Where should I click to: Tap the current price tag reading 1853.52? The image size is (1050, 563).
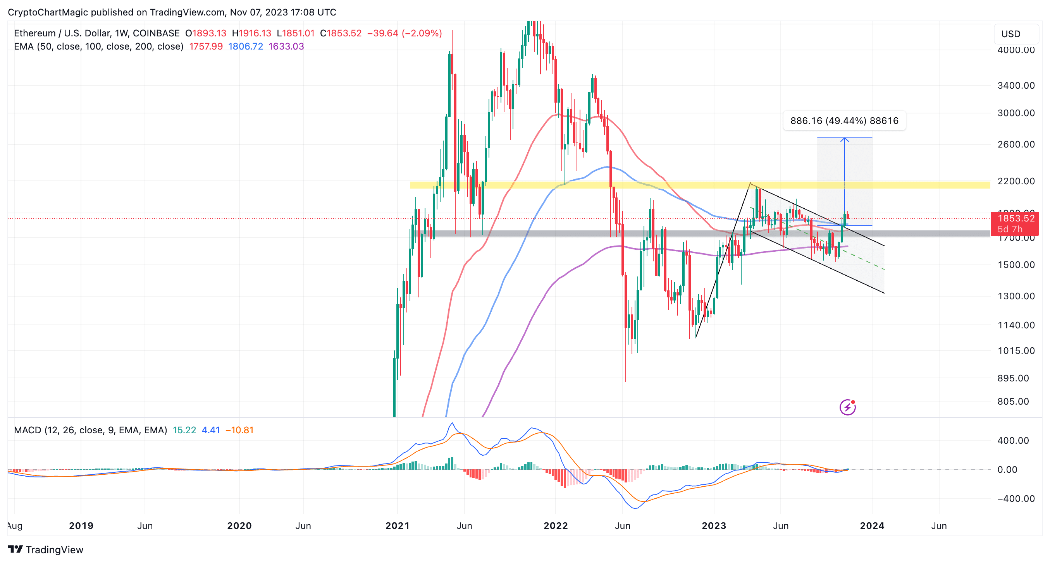pyautogui.click(x=1016, y=219)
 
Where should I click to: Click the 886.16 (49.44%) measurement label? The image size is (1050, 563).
pyautogui.click(x=844, y=120)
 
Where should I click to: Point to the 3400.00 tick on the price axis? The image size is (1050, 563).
pyautogui.click(x=1016, y=86)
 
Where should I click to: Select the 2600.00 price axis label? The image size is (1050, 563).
pyautogui.click(x=1016, y=144)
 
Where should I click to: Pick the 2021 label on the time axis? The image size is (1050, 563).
pyautogui.click(x=397, y=525)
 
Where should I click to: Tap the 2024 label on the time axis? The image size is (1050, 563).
pyautogui.click(x=871, y=525)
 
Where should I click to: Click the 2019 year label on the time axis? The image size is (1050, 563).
pyautogui.click(x=81, y=525)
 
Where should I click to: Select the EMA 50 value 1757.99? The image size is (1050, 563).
pyautogui.click(x=206, y=46)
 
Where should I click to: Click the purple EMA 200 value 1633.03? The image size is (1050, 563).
pyautogui.click(x=286, y=46)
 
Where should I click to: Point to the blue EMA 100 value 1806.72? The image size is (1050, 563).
pyautogui.click(x=245, y=46)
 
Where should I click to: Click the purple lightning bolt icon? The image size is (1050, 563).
pyautogui.click(x=847, y=407)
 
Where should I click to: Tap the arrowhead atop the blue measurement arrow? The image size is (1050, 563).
pyautogui.click(x=844, y=140)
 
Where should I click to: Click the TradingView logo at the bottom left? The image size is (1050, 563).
pyautogui.click(x=46, y=549)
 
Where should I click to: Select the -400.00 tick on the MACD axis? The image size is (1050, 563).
pyautogui.click(x=1015, y=499)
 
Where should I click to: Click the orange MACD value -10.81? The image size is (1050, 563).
pyautogui.click(x=240, y=430)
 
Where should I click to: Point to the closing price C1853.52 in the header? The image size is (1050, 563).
pyautogui.click(x=341, y=33)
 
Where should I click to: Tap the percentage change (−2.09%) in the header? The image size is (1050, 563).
pyautogui.click(x=422, y=33)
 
